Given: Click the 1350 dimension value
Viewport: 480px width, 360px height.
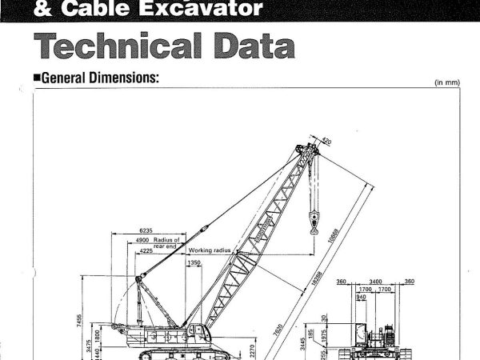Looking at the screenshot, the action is click(194, 262).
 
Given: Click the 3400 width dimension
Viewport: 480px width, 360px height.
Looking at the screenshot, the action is click(375, 282).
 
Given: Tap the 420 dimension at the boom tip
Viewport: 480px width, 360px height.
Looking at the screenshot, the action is click(326, 143).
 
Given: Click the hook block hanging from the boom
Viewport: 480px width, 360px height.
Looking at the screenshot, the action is click(314, 220).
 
